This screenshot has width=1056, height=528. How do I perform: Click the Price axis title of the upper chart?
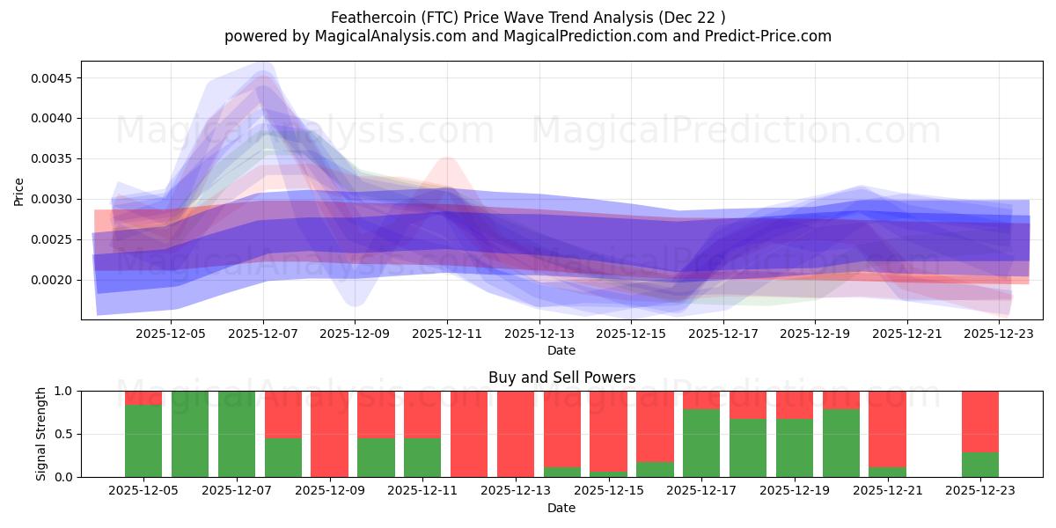pos(19,191)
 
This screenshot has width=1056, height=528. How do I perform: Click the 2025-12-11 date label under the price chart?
pos(447,334)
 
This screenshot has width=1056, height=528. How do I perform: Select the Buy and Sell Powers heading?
pos(561,378)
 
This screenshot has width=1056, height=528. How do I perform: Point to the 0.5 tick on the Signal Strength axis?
pos(65,434)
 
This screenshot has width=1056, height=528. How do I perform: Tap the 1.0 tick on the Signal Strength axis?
pos(65,391)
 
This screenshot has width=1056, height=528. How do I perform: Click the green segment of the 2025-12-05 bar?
pos(143,441)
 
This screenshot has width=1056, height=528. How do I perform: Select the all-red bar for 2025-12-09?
pos(329,434)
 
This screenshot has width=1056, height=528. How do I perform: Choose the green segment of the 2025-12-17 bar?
pos(701,443)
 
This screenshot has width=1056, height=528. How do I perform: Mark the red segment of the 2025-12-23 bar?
pos(980,422)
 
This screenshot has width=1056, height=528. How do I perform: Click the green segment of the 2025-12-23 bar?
pos(980,465)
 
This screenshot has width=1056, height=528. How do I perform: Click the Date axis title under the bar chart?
pos(561,508)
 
